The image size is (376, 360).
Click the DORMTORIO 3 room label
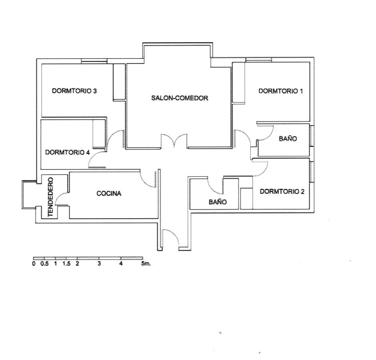point(74,91)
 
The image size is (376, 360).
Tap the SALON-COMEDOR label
point(180,98)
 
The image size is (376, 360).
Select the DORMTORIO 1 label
point(281,91)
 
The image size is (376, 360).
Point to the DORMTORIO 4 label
point(67,152)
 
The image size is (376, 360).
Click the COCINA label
point(109,194)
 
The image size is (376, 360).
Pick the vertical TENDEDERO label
point(50,197)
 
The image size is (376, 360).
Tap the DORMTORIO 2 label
point(282,192)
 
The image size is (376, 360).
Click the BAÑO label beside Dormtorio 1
point(288,139)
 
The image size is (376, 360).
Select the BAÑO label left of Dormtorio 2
point(218,202)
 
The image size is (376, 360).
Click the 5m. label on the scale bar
point(146,264)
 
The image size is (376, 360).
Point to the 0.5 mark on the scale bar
point(45,264)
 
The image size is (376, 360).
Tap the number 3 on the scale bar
point(99,264)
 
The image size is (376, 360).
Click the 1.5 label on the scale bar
point(66,264)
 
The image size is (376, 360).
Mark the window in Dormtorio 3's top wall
point(94,61)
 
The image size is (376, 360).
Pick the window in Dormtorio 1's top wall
point(259,60)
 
